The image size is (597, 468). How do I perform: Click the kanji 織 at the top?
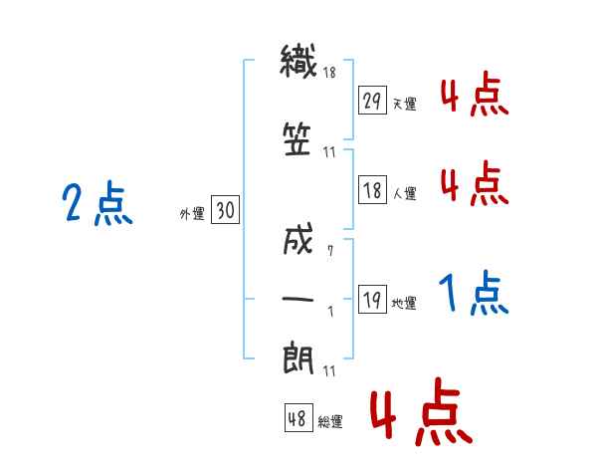point(298,62)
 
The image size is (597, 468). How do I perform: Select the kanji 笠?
point(297,139)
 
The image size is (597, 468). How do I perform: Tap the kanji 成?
point(298,239)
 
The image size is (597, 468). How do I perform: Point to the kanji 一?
point(298,299)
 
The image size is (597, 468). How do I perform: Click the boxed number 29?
point(372,100)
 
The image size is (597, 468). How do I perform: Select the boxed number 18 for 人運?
point(372,189)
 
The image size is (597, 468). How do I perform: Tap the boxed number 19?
point(372,299)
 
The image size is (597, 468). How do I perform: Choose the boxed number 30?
point(225,209)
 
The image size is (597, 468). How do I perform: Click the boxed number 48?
point(298,417)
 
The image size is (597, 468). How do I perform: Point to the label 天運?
point(404,104)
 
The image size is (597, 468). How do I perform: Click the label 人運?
point(404,193)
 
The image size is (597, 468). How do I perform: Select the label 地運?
point(404,303)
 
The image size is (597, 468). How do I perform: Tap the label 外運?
point(192,213)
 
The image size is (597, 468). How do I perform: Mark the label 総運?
point(330,422)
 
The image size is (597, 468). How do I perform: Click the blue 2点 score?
point(98,203)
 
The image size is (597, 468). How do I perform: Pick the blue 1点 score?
point(474,293)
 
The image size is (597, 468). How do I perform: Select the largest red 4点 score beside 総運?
point(422,411)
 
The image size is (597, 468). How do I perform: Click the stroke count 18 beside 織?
point(329,72)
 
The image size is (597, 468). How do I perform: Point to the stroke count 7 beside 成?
point(330,250)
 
